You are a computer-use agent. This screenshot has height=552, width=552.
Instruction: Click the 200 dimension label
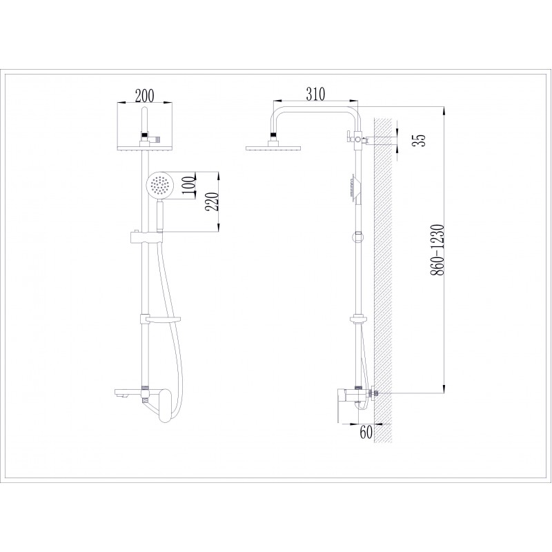144,95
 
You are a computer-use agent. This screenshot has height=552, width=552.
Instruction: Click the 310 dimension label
315,94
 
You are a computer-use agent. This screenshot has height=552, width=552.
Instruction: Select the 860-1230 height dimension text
437,249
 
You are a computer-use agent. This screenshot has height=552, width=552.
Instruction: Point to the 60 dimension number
366,432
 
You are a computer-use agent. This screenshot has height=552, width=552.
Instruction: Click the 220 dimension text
212,201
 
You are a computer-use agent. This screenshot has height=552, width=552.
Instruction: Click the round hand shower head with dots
158,184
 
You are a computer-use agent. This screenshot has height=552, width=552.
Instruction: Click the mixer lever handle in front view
164,405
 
